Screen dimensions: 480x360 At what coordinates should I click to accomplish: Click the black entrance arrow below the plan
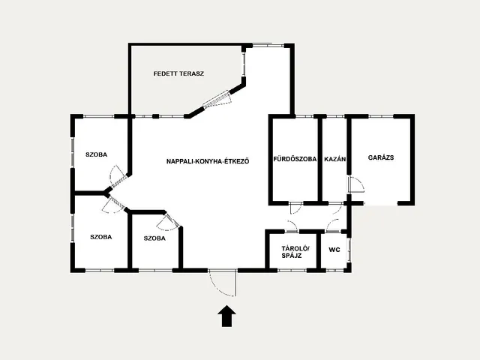(226, 316)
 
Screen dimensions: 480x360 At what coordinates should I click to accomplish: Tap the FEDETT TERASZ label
(178, 73)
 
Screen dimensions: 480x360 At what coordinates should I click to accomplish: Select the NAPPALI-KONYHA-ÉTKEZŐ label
(208, 161)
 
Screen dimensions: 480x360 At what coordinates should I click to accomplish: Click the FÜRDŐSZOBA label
(295, 159)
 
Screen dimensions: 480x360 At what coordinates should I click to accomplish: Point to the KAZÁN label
(335, 159)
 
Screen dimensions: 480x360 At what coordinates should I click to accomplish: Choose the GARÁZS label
(381, 157)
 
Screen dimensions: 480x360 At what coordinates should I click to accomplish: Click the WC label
(334, 250)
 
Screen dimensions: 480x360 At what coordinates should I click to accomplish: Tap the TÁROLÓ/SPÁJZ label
(295, 252)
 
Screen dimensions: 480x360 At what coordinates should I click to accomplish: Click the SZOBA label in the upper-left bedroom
(97, 154)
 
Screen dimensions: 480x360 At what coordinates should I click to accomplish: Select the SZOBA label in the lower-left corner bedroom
(101, 237)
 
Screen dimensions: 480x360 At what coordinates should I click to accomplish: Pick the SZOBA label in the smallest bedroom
(154, 238)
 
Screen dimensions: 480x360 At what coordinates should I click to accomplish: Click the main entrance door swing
(223, 283)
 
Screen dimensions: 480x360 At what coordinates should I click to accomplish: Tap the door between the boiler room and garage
(355, 184)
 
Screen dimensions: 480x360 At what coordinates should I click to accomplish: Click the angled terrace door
(217, 99)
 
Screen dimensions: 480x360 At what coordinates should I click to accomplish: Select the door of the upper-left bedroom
(118, 177)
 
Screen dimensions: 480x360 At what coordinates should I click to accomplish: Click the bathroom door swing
(295, 208)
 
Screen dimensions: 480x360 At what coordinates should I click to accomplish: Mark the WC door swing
(333, 224)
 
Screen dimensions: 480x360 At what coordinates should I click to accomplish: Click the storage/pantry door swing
(292, 225)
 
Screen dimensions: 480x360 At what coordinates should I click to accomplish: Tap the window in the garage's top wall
(381, 116)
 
